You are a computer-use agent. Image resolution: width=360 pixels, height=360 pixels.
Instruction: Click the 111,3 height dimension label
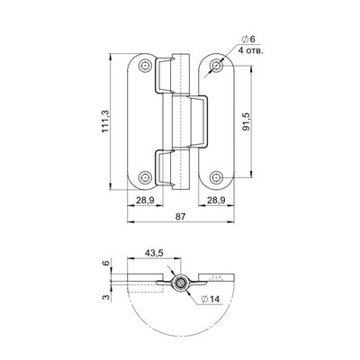(x=105, y=121)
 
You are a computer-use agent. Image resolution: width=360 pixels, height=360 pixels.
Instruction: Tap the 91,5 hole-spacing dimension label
(x=247, y=121)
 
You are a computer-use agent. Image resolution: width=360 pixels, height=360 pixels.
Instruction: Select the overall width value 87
(x=181, y=217)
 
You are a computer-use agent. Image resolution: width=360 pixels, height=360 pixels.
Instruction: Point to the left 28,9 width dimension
(x=145, y=201)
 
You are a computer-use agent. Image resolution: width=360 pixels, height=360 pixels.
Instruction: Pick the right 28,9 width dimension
(x=217, y=201)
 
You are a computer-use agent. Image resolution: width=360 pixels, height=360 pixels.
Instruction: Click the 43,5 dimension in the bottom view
(x=154, y=253)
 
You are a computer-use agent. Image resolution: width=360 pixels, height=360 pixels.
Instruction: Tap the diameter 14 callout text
(x=211, y=299)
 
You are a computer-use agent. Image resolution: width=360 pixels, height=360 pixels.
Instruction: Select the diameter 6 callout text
(x=248, y=39)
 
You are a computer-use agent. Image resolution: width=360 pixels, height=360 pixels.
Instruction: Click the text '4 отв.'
(x=251, y=50)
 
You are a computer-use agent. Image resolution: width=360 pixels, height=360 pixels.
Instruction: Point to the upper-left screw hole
(x=145, y=66)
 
